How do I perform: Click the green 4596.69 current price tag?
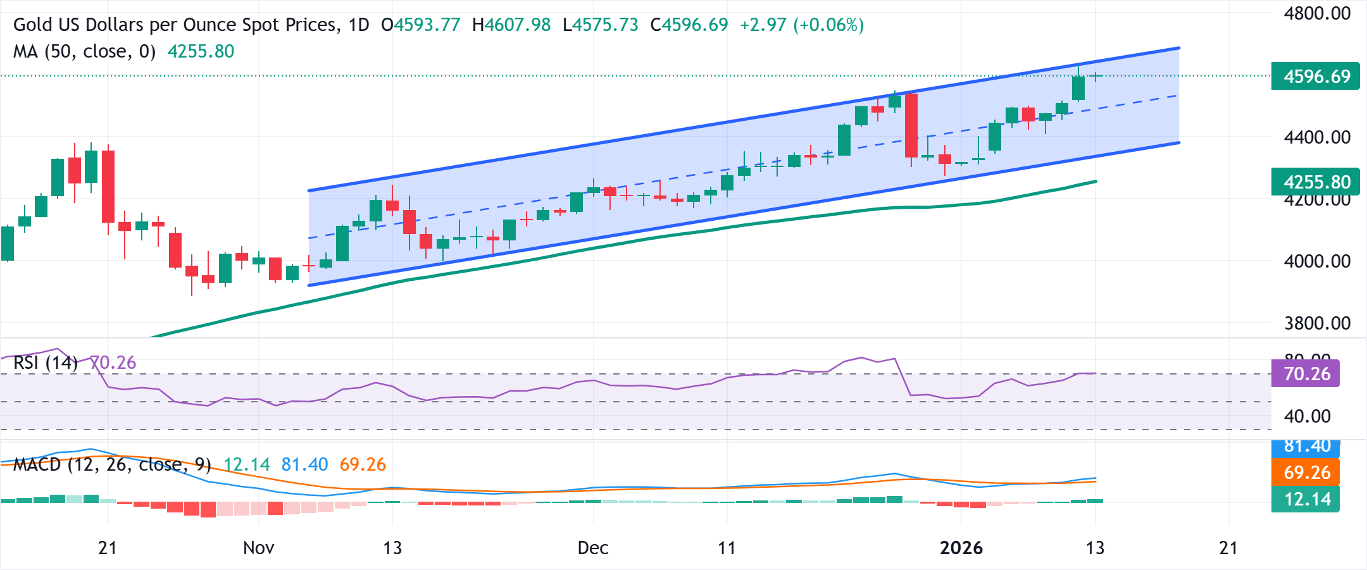pyautogui.click(x=1316, y=77)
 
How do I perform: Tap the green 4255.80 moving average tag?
pyautogui.click(x=1316, y=182)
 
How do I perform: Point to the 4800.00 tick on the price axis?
pyautogui.click(x=1317, y=13)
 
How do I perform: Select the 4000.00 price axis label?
pyautogui.click(x=1317, y=261)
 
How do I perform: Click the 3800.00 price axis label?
pyautogui.click(x=1317, y=323)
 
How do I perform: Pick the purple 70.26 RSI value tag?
pyautogui.click(x=1306, y=374)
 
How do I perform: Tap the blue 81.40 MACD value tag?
pyautogui.click(x=1306, y=447)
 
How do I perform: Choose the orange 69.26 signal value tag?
pyautogui.click(x=1306, y=473)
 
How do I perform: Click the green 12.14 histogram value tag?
pyautogui.click(x=1306, y=499)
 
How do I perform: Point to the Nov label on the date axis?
pyautogui.click(x=258, y=548)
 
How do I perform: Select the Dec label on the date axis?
pyautogui.click(x=593, y=548)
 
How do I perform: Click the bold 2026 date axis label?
pyautogui.click(x=961, y=548)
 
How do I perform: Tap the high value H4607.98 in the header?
pyautogui.click(x=511, y=25)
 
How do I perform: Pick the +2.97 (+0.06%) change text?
pyautogui.click(x=801, y=25)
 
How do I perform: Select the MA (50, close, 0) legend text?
pyautogui.click(x=84, y=51)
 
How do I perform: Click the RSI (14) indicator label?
pyautogui.click(x=46, y=363)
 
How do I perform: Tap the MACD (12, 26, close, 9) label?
pyautogui.click(x=112, y=465)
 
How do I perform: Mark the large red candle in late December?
pyautogui.click(x=911, y=125)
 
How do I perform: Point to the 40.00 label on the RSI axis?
pyautogui.click(x=1307, y=416)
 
